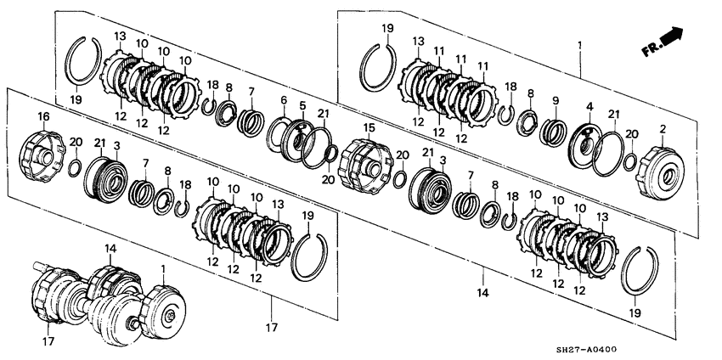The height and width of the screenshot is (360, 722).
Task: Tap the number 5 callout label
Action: pos(301,105)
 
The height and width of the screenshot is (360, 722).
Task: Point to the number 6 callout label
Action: pos(285,100)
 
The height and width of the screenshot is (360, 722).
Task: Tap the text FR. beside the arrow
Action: pos(651,50)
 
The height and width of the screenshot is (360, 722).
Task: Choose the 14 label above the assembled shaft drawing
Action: pos(110,247)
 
